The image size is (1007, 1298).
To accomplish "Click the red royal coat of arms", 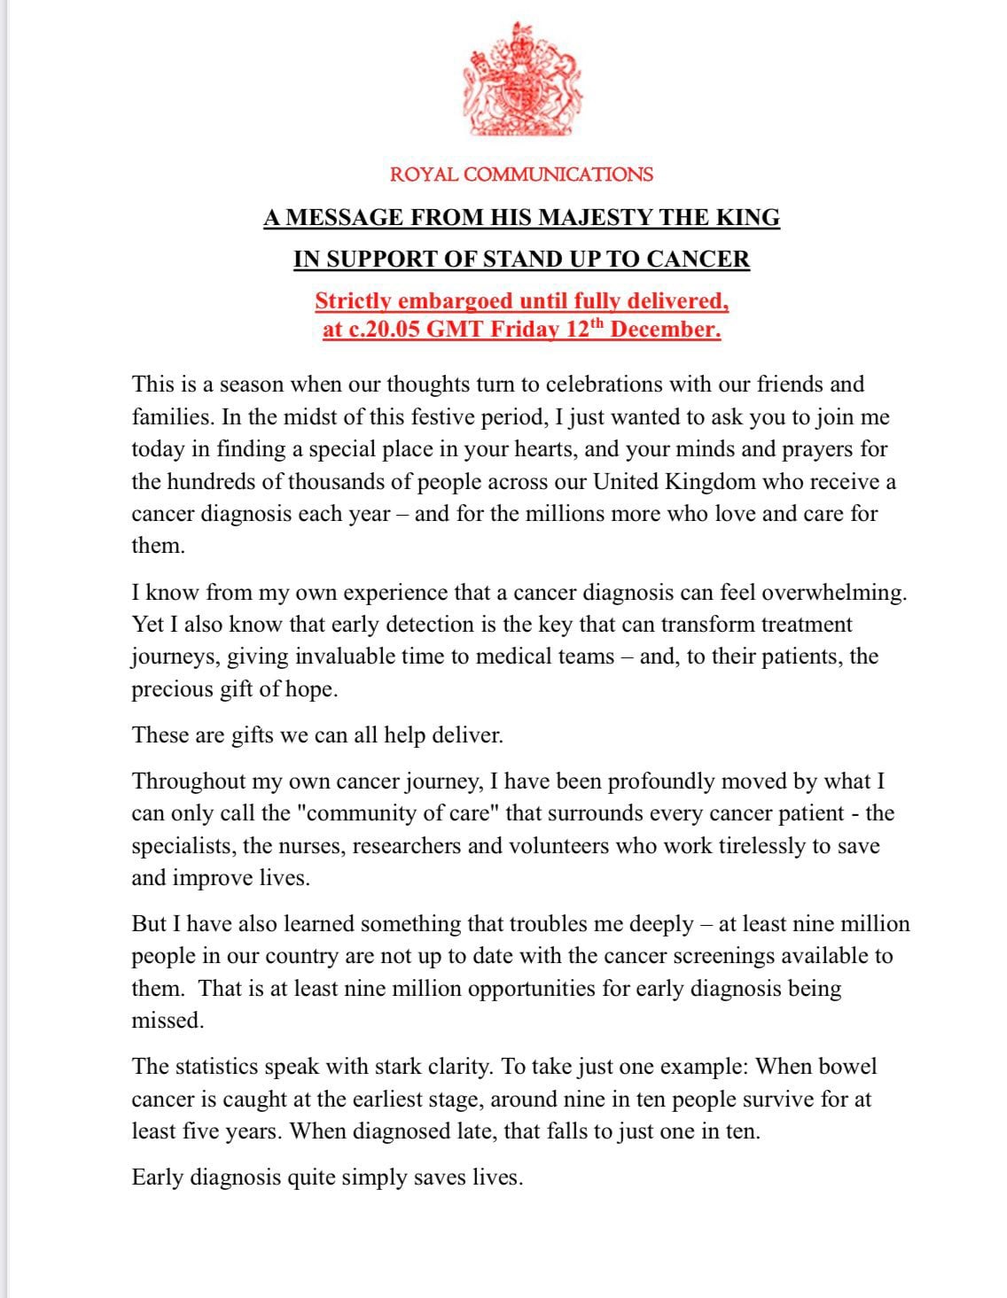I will (x=521, y=81).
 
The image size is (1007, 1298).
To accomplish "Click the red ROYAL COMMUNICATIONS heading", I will (x=521, y=174).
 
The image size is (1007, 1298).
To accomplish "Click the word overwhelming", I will (x=834, y=593).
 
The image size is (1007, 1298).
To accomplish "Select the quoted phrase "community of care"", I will (x=402, y=813).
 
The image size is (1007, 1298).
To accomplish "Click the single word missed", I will (x=168, y=1021).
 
